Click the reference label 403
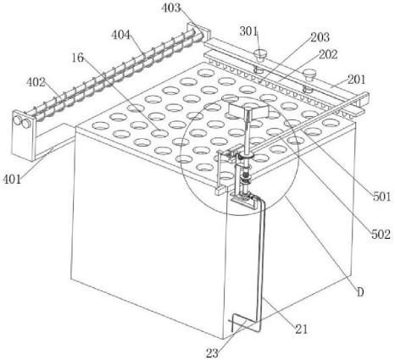170,8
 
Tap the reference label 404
120,35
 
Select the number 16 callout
77,58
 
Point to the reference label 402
36,82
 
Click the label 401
12,179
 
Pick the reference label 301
248,31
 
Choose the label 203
320,37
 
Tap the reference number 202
328,54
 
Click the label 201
356,80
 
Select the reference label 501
381,197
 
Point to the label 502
381,234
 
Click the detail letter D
360,293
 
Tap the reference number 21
301,329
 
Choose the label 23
212,353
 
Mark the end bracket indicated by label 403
198,32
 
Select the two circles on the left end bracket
22,122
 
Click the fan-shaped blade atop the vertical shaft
248,111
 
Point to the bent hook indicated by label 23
245,323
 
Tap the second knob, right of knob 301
309,75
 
